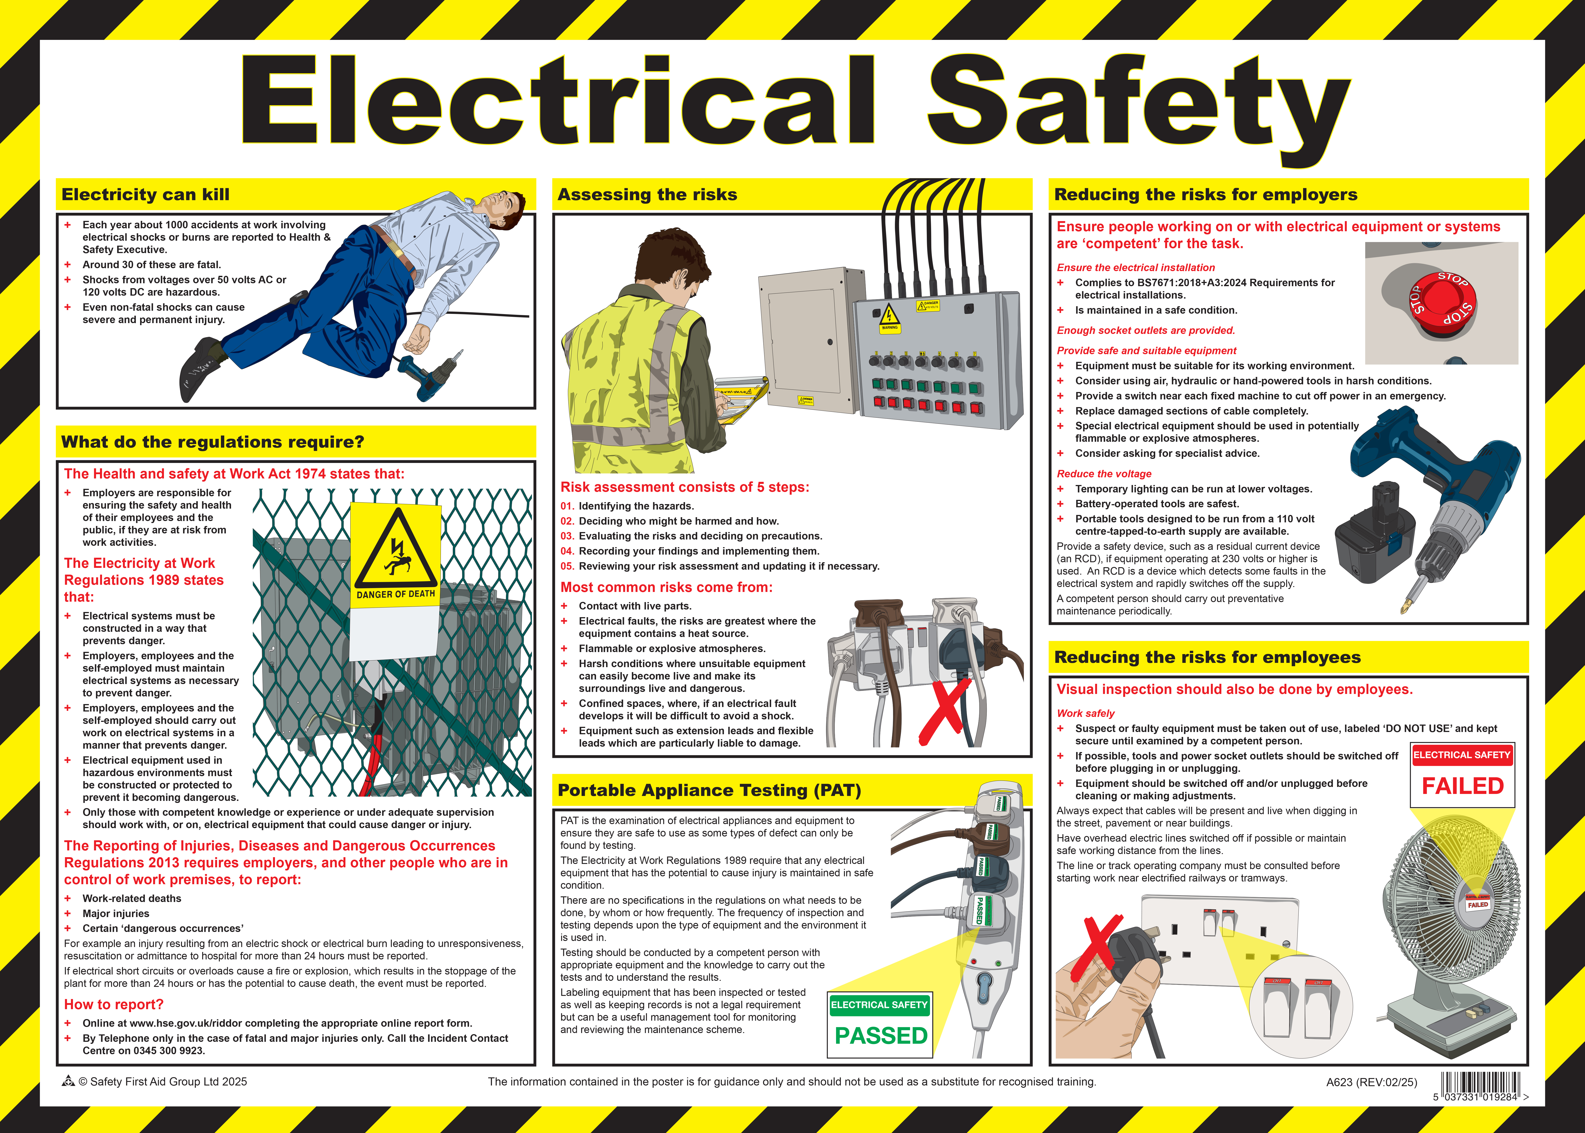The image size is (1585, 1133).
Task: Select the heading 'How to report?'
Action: [114, 1005]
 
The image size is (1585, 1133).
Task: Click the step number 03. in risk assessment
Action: [567, 536]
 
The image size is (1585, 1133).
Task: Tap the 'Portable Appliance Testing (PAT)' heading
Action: [710, 791]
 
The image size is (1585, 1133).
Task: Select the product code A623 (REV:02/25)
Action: [1372, 1082]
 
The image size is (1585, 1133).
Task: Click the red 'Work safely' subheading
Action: [1086, 713]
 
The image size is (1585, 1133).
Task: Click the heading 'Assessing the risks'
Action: [647, 195]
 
